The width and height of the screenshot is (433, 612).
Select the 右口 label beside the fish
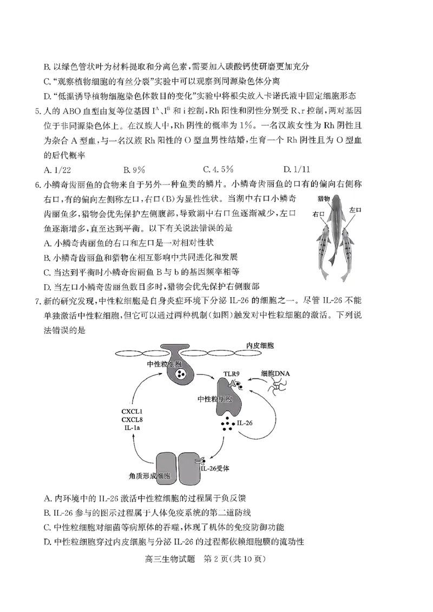[318, 215]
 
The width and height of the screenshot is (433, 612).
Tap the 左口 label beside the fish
[355, 209]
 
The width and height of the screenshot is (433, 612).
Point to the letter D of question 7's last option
[47, 541]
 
